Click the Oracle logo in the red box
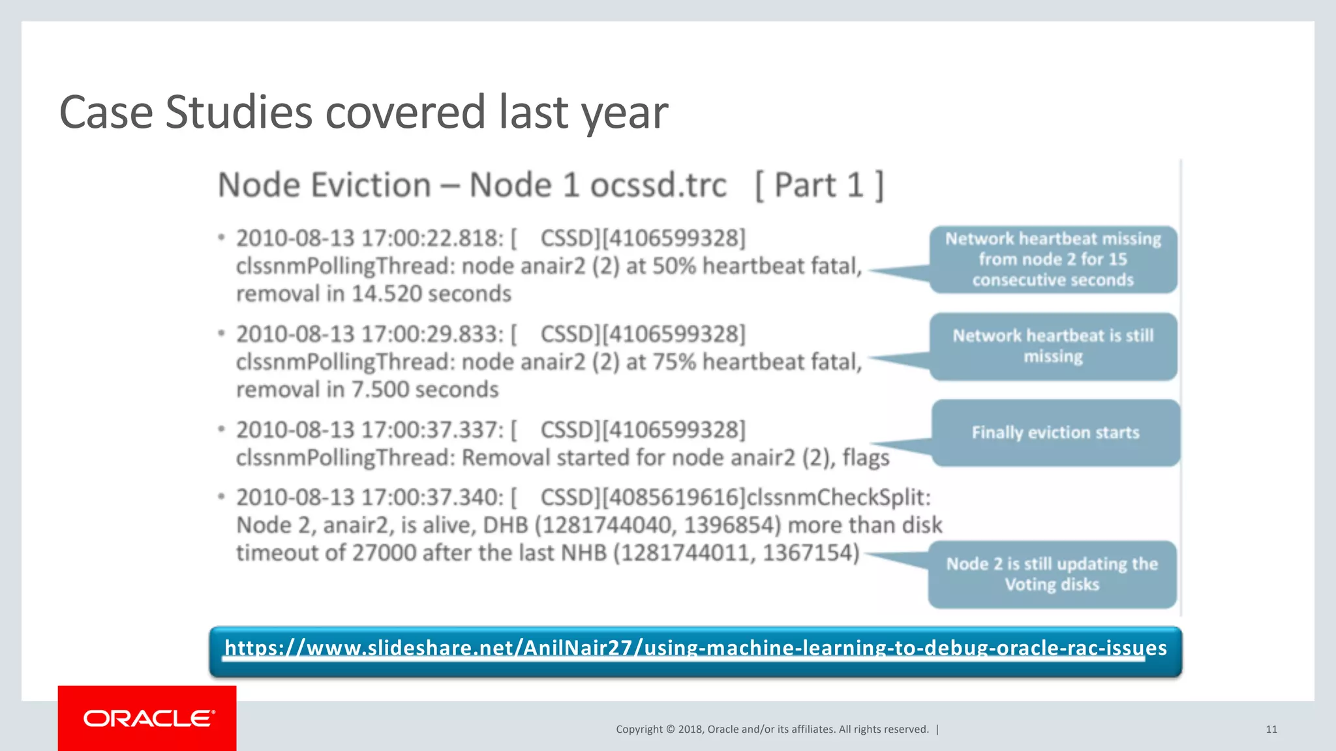148,718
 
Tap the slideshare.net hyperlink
695,648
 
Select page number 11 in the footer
1271,729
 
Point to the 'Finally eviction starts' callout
1055,433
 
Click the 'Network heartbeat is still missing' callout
1053,346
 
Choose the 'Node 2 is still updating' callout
1052,574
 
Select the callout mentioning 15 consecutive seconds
1053,259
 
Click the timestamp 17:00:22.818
432,239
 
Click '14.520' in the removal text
387,295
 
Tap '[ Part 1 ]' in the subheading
819,186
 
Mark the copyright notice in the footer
772,729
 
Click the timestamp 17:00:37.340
432,498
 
